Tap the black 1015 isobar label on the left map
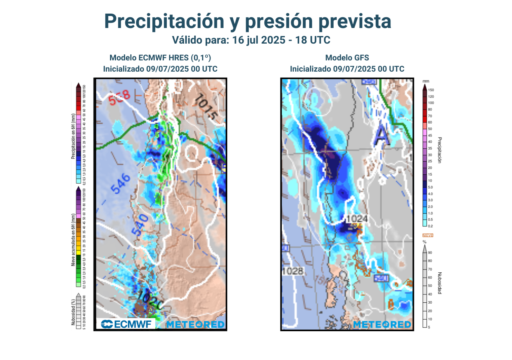[206, 108]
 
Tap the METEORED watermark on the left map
[195, 324]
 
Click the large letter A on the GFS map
[382, 136]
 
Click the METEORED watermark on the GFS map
[382, 324]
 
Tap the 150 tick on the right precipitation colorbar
[431, 90]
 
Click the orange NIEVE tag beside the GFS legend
[428, 235]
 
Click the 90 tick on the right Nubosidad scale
[430, 252]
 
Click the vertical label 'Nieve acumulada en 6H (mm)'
[73, 240]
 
